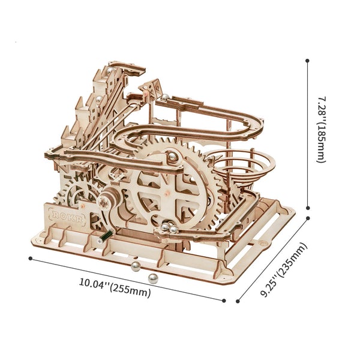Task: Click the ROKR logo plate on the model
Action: click(64, 215)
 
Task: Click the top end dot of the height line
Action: click(308, 60)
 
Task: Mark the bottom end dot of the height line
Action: click(308, 206)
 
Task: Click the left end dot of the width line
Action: click(30, 258)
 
